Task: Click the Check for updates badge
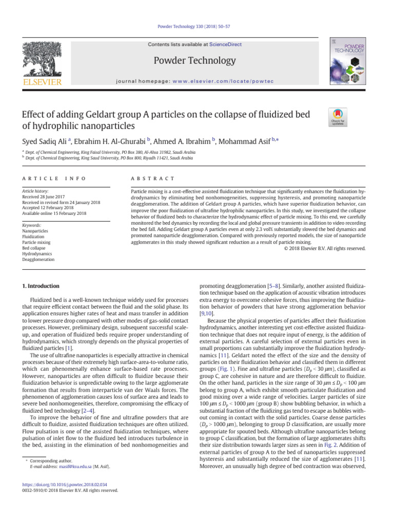point(337,118)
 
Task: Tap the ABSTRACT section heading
point(146,178)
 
